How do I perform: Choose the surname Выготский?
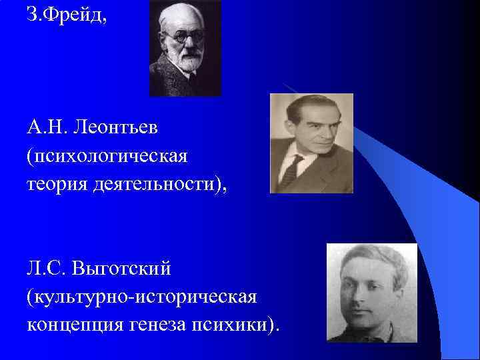124,269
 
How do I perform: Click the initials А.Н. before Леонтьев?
48,127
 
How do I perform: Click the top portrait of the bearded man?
185,49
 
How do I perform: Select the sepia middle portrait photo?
311,143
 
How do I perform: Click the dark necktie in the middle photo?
291,170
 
